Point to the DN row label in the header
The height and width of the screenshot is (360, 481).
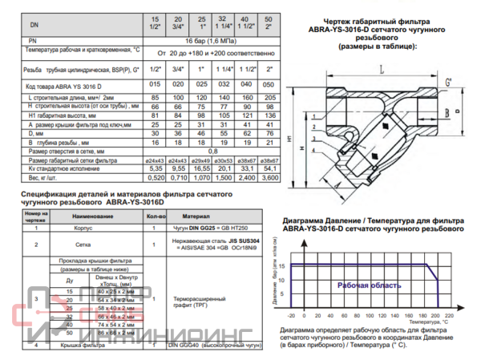33,25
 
